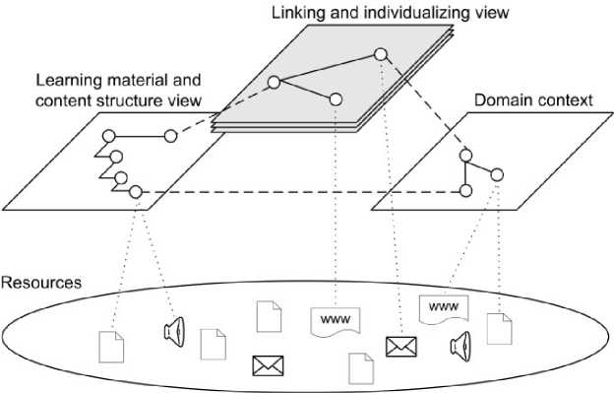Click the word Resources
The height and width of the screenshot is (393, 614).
(x=41, y=283)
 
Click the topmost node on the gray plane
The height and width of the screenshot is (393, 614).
(x=380, y=54)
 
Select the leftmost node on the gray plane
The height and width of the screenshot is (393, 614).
(x=274, y=83)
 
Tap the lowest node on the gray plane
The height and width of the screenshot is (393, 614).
(x=336, y=99)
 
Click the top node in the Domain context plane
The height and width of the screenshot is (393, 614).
(x=465, y=156)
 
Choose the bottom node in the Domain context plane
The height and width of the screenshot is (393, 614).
(x=465, y=191)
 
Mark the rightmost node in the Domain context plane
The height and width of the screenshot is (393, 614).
(x=497, y=174)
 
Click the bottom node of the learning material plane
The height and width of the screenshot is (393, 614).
(x=136, y=192)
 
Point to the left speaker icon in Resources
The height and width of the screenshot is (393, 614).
(x=174, y=332)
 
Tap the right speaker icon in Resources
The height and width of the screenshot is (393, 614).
(x=460, y=347)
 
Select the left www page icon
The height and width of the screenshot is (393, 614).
(x=336, y=321)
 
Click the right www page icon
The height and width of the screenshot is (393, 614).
(x=444, y=308)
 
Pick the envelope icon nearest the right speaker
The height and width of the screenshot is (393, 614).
(x=401, y=347)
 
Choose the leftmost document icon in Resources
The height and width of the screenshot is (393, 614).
(x=111, y=347)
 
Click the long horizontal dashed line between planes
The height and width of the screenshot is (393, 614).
(x=301, y=192)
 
